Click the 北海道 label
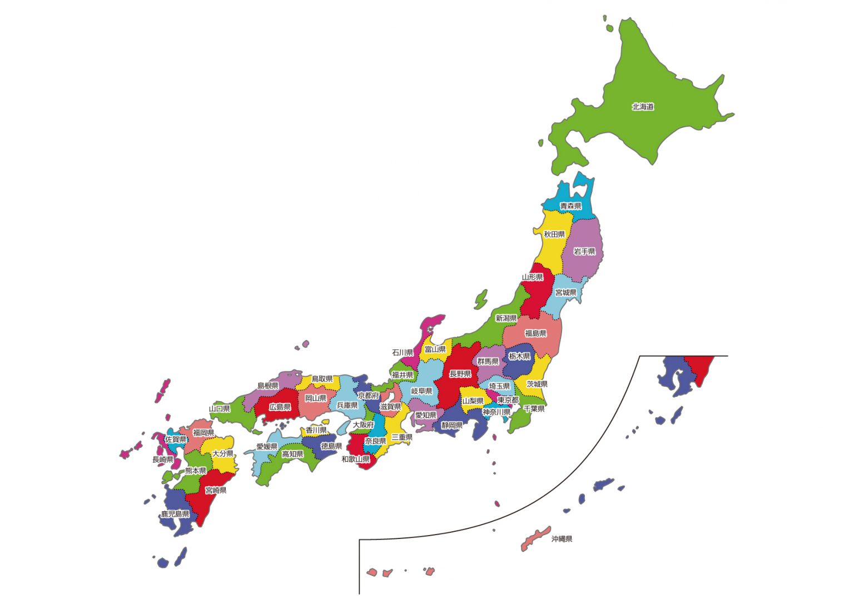pos(643,107)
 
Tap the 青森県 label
pos(570,206)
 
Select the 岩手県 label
pos(584,252)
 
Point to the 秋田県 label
pos(554,234)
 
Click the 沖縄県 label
pos(562,539)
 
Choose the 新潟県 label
pos(506,318)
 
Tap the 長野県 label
pos(460,374)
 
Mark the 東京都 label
pos(508,400)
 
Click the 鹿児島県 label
pos(175,514)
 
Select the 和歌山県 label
pos(355,460)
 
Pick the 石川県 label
pos(403,353)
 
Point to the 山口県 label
pos(220,409)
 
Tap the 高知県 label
pos(292,454)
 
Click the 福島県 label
pos(535,333)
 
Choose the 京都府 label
pos(368,396)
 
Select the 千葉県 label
pos(534,408)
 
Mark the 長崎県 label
pos(163,460)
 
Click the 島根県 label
pos(267,386)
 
